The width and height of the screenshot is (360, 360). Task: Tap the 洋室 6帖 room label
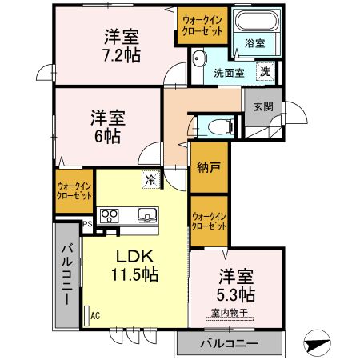(x=105, y=126)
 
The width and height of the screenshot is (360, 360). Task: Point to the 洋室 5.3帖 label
(x=236, y=285)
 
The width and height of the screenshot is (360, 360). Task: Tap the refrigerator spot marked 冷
(x=150, y=179)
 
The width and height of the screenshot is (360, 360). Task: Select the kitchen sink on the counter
(x=147, y=215)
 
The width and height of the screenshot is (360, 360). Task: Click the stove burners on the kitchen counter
(x=109, y=215)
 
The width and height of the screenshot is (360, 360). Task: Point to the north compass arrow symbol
(x=320, y=345)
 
